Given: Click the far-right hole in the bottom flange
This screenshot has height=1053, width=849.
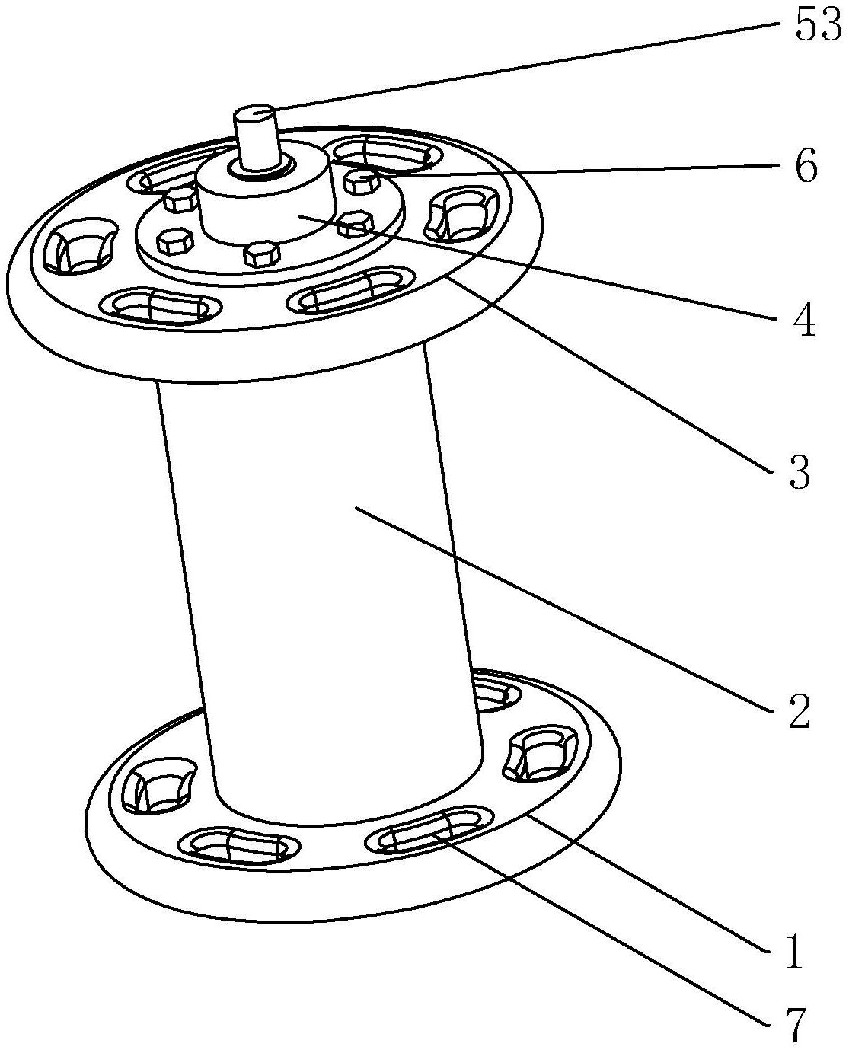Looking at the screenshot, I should tap(546, 755).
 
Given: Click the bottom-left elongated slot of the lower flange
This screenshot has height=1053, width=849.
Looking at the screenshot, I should tap(238, 846).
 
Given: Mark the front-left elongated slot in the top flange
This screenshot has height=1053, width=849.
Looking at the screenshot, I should tap(161, 306).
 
